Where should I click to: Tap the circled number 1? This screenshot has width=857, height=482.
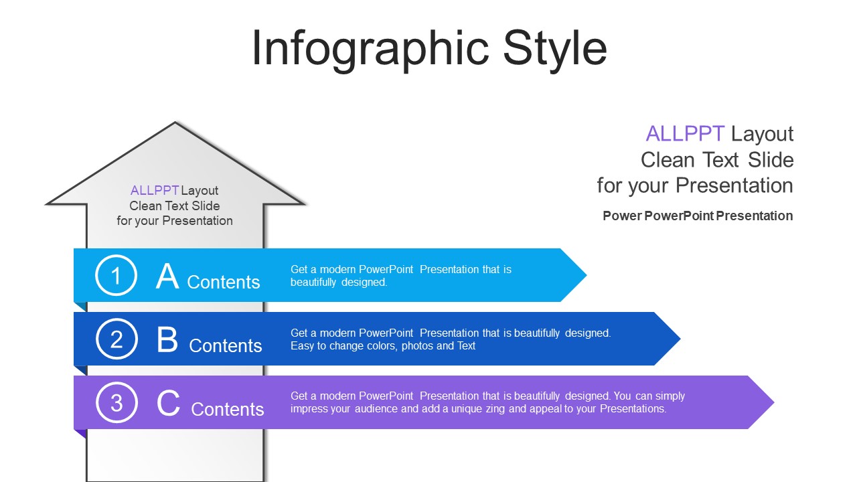(116, 275)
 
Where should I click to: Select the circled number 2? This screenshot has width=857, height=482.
(116, 339)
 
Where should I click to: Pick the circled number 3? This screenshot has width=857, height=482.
(116, 403)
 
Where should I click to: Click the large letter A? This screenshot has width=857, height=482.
(167, 276)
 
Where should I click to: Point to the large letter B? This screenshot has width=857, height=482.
(167, 340)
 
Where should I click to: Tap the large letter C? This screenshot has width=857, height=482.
(168, 404)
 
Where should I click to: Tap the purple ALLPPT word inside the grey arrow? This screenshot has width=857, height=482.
(155, 191)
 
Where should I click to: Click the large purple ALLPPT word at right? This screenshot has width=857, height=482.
(685, 134)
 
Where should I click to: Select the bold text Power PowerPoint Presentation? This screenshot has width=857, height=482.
(698, 216)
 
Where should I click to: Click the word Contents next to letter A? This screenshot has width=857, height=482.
(224, 283)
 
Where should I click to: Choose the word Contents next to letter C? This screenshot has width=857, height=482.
(228, 410)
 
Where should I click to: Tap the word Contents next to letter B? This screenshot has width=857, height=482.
(226, 346)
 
